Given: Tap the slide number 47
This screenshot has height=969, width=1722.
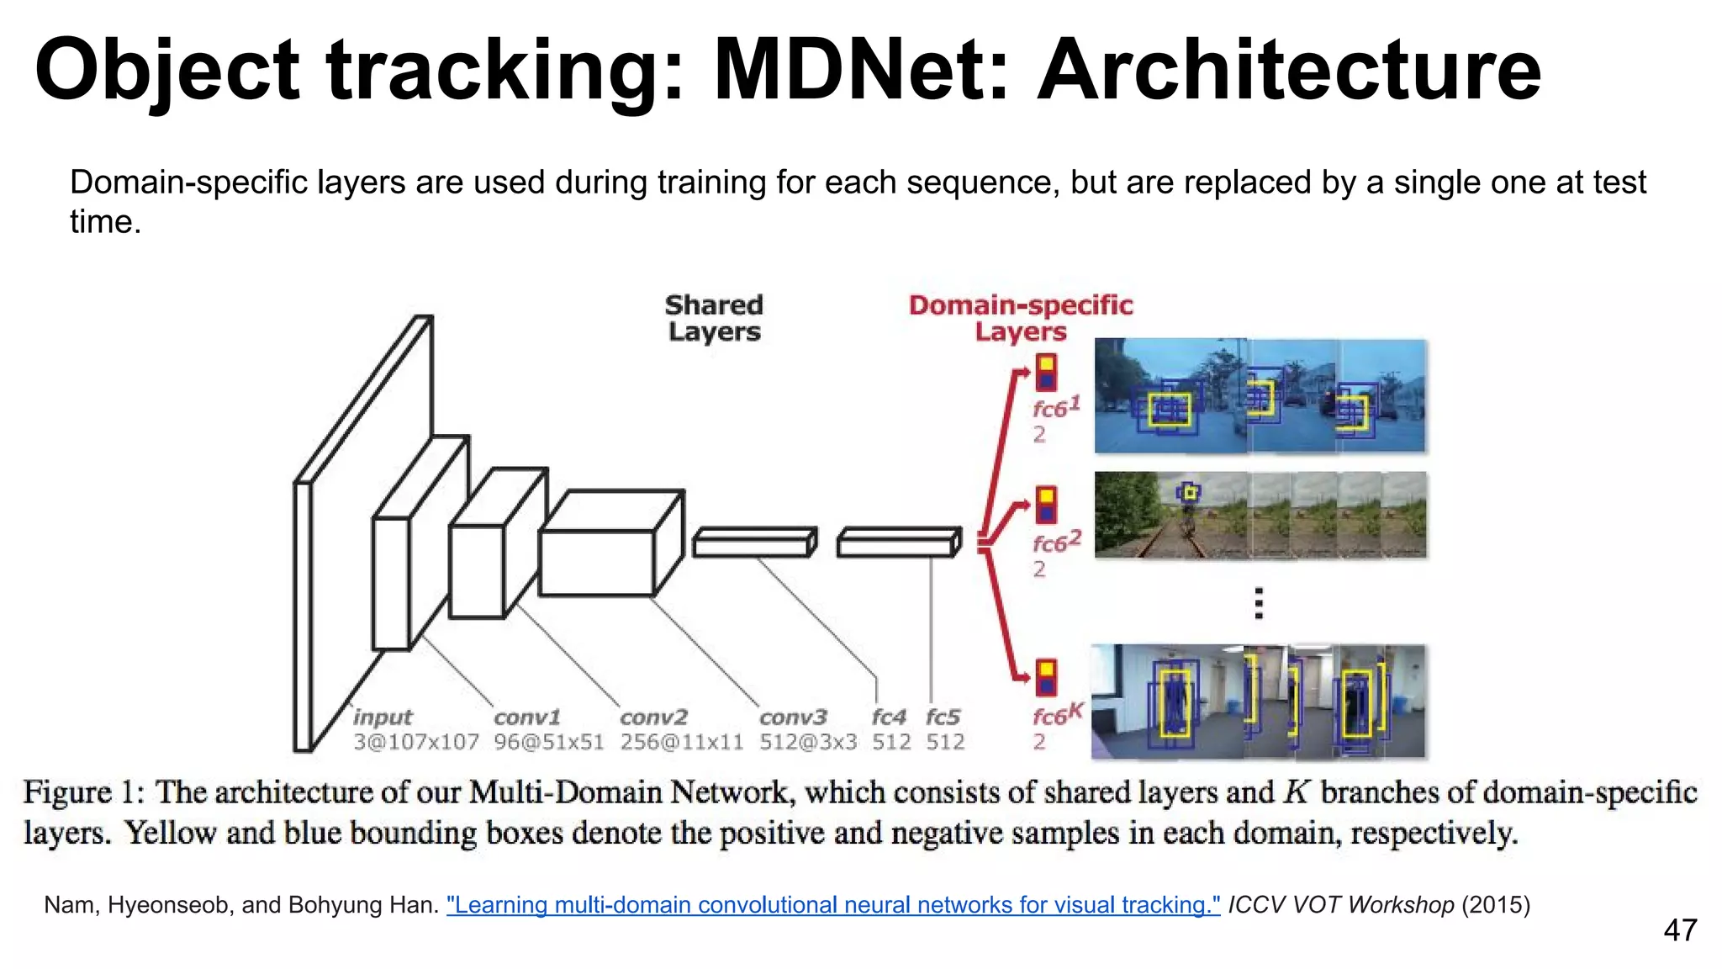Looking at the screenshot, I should click(1679, 930).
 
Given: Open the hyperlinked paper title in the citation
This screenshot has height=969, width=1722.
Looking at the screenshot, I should click(832, 905).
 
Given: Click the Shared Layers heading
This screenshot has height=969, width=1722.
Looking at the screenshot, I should click(714, 318).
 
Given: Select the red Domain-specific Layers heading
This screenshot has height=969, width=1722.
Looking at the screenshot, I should click(1020, 318).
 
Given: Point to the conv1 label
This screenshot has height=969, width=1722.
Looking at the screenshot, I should click(527, 717).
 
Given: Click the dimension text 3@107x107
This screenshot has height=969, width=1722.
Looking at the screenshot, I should click(415, 742).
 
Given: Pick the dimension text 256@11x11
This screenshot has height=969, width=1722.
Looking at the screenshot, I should click(682, 742).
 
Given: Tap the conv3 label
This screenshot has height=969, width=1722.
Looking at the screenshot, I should click(793, 717).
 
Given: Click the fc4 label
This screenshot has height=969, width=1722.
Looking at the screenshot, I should click(889, 717).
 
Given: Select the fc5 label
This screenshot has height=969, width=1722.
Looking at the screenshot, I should click(943, 717).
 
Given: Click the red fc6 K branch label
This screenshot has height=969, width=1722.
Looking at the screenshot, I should click(1056, 715).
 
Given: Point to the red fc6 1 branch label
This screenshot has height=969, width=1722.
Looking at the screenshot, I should click(1055, 409).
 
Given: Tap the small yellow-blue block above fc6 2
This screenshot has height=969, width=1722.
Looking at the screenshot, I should click(1046, 505).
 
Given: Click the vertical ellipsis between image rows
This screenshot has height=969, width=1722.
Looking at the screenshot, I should click(1258, 604).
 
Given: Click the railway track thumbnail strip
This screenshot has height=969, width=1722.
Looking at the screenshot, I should click(1260, 515).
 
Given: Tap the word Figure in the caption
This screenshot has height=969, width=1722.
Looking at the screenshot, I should click(67, 793).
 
